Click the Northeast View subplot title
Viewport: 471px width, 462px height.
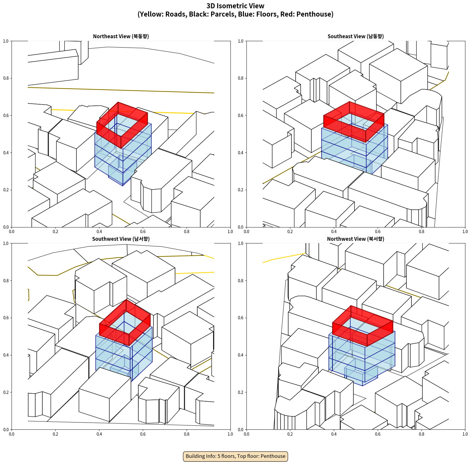point(121,36)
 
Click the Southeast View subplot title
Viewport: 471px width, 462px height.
point(355,36)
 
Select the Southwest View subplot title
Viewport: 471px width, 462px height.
point(121,239)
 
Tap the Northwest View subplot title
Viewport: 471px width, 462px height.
point(355,239)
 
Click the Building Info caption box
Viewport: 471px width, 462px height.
point(235,456)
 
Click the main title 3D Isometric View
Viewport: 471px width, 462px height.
point(235,6)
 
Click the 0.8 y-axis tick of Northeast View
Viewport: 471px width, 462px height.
point(6,78)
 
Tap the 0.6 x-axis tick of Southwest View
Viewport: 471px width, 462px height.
point(143,434)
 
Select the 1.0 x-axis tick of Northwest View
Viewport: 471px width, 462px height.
point(465,434)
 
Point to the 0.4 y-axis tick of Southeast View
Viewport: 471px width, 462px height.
point(241,153)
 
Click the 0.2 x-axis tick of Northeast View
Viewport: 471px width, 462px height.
point(55,232)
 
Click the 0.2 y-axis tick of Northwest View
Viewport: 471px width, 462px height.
point(241,392)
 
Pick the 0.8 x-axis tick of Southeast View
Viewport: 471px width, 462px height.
point(422,232)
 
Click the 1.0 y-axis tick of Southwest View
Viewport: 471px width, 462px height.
point(6,243)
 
